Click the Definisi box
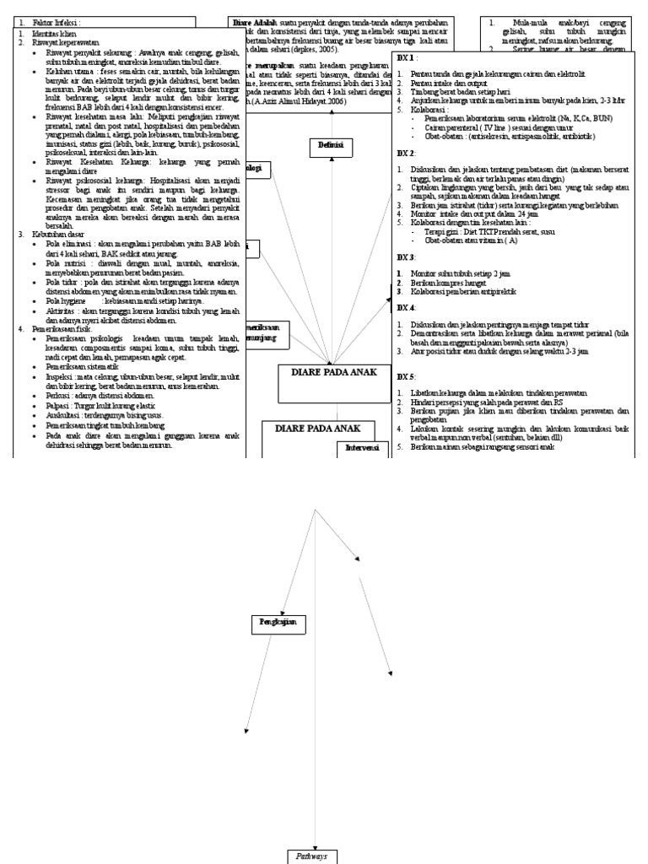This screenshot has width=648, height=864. point(329,146)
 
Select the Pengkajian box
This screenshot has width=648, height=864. point(277,624)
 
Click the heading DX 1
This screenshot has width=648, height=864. point(406,57)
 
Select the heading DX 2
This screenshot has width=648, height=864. point(406,154)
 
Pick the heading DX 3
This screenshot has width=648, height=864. point(406,256)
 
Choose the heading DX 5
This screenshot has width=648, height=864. point(406,375)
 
